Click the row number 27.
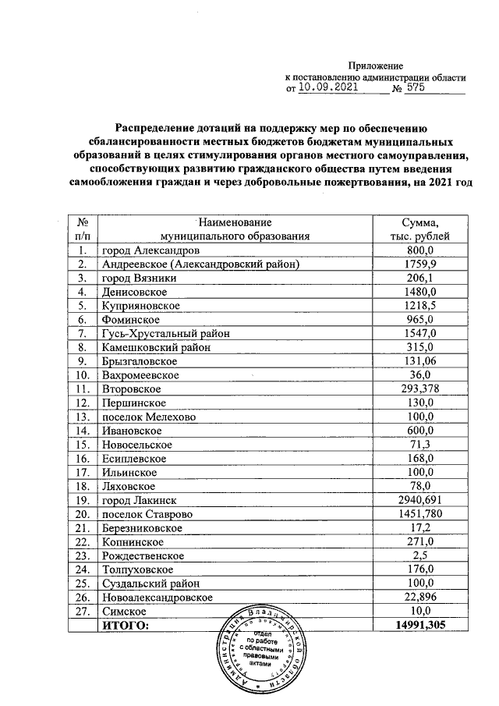(80, 610)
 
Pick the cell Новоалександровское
(157, 596)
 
